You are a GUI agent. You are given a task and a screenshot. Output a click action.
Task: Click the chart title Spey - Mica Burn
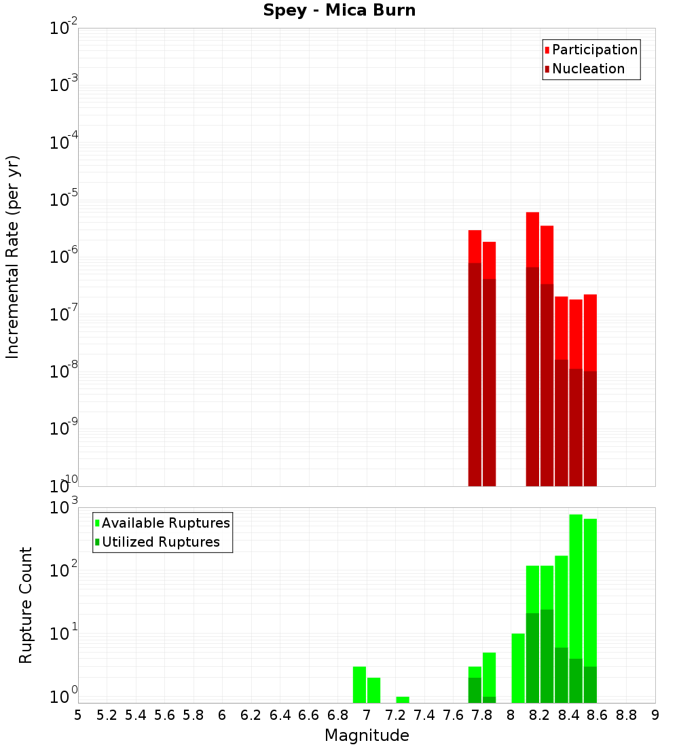pyautogui.click(x=339, y=11)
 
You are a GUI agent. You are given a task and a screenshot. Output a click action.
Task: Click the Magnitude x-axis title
pyautogui.click(x=367, y=735)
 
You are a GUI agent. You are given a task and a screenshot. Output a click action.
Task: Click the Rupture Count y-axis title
pyautogui.click(x=26, y=604)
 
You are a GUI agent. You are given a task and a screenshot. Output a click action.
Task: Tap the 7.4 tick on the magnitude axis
pyautogui.click(x=424, y=715)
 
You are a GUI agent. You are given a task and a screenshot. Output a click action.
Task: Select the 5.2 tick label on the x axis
pyautogui.click(x=107, y=715)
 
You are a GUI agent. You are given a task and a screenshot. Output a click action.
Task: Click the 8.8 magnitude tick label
pyautogui.click(x=626, y=715)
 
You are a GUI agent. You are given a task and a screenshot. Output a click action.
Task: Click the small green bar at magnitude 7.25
pyautogui.click(x=403, y=699)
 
